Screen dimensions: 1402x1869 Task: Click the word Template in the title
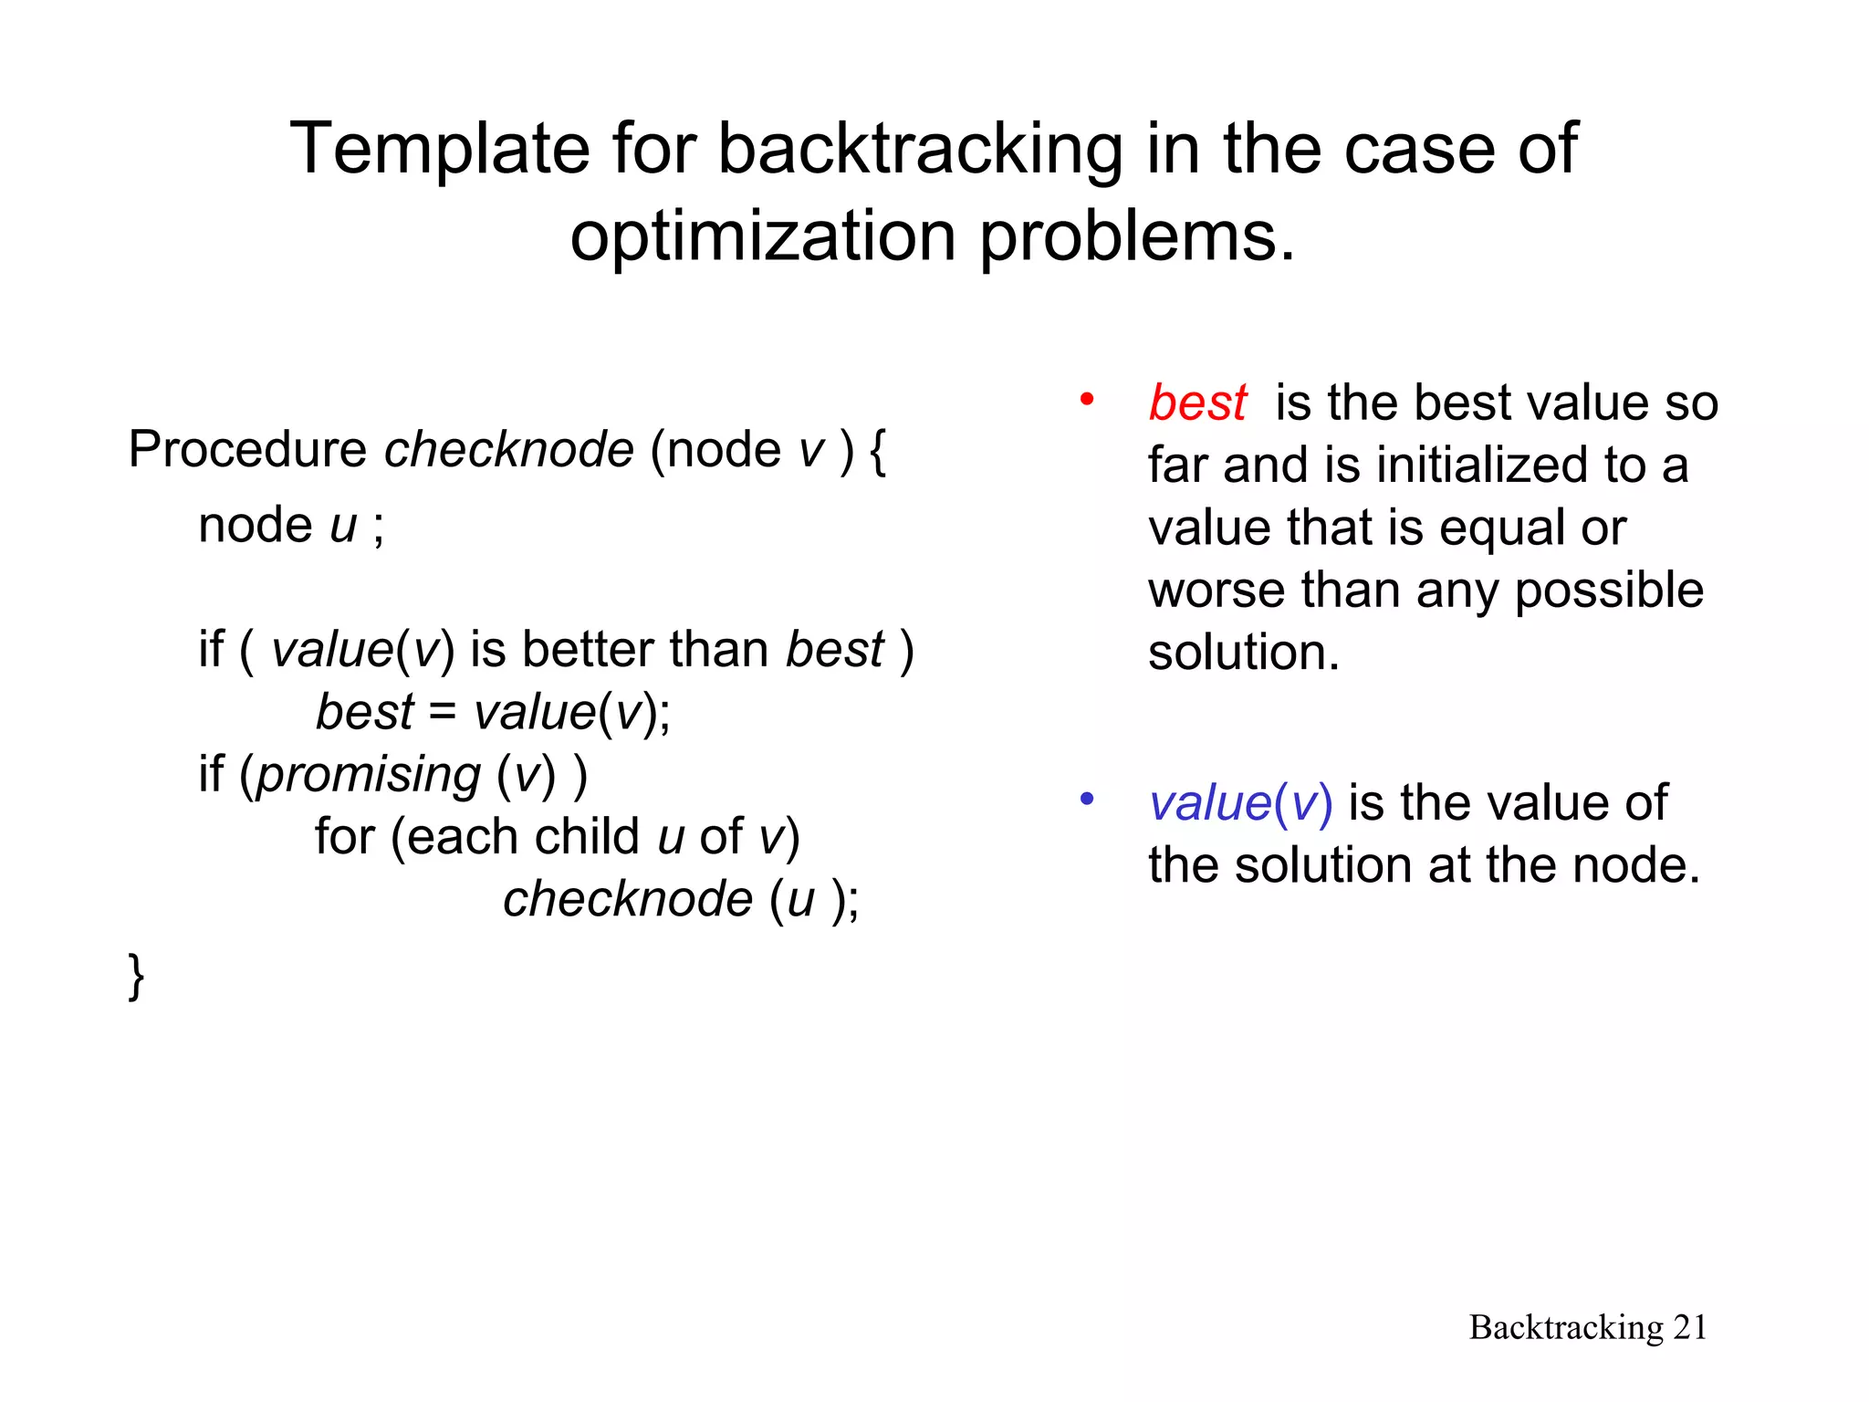click(x=439, y=149)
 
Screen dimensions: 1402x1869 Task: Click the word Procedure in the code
click(x=247, y=449)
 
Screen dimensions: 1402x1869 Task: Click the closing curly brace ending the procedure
click(x=136, y=976)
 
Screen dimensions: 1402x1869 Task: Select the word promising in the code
click(x=369, y=775)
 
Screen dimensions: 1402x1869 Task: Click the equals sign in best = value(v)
click(x=443, y=712)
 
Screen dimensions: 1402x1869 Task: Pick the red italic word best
click(x=1196, y=403)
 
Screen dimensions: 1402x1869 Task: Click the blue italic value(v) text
click(x=1240, y=803)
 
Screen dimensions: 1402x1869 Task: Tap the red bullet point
click(x=1086, y=399)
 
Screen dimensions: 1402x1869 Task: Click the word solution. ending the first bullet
click(x=1243, y=653)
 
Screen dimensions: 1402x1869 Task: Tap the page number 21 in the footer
click(x=1689, y=1327)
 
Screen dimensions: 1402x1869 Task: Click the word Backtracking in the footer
click(x=1566, y=1327)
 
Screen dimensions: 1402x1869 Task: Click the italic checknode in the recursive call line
click(x=628, y=899)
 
